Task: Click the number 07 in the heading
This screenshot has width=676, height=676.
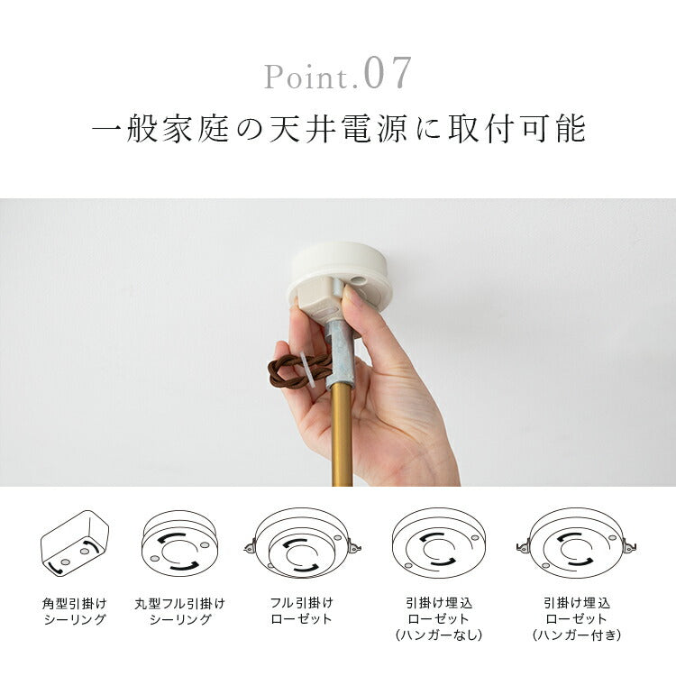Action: coord(388,73)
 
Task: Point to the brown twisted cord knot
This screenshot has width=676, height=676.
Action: coord(297,370)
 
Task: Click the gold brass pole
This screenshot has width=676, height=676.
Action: coord(342,434)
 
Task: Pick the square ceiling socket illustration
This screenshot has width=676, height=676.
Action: coord(75,544)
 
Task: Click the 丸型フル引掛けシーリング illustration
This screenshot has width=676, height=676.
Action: coord(179,544)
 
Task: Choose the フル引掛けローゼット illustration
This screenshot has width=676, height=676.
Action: coord(302,544)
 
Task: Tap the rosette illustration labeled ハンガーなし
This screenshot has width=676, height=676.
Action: coord(439,544)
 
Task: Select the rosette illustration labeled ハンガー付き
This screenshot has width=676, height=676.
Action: coord(577,544)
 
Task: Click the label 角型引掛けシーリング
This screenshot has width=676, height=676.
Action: coord(75,611)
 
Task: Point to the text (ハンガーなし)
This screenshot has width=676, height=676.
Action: coord(438,635)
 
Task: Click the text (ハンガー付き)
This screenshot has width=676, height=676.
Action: coord(577,635)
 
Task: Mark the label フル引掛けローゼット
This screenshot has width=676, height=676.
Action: coord(302,611)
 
